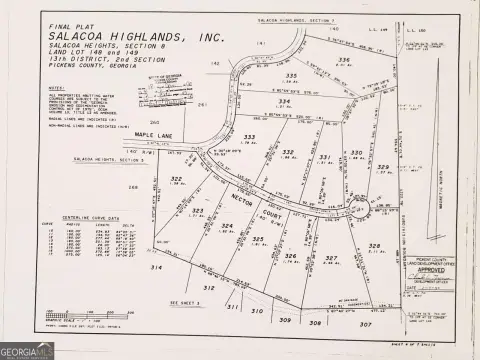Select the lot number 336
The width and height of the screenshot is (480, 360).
click(343, 60)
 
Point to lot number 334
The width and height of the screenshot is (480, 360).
click(284, 101)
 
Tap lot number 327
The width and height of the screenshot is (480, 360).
click(332, 257)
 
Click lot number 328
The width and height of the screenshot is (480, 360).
click(375, 245)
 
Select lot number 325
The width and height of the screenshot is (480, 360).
click(258, 239)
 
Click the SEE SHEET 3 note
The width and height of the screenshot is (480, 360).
click(185, 301)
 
